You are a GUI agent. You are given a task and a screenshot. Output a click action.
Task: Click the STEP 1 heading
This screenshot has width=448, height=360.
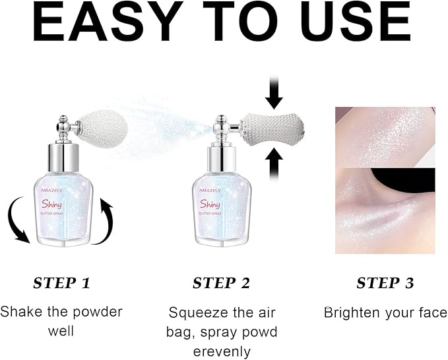tap(61, 284)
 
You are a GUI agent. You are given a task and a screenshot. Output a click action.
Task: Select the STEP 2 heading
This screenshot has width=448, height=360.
tap(221, 284)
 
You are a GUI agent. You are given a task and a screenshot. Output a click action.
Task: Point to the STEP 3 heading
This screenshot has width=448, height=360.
tap(385, 284)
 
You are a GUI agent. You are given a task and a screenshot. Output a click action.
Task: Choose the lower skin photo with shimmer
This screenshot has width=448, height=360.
tap(385, 211)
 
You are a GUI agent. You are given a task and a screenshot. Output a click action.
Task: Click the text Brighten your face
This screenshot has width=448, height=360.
tap(385, 312)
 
